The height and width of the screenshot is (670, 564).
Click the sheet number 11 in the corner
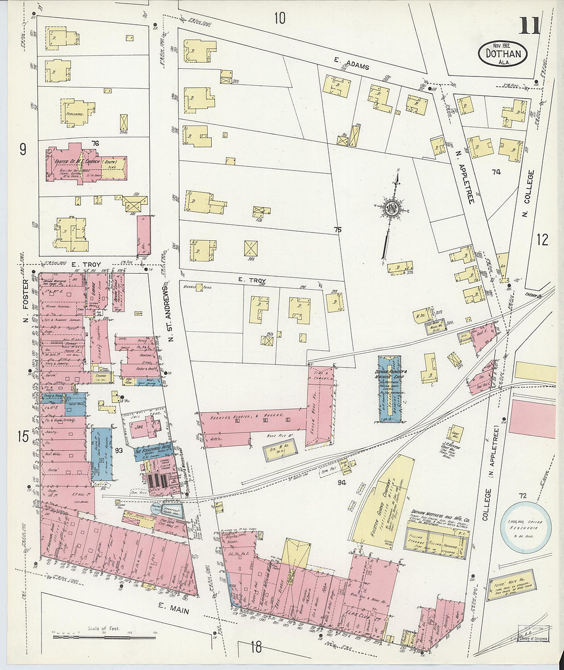pyautogui.click(x=529, y=25)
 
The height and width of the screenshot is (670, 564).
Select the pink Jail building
pyautogui.click(x=148, y=427)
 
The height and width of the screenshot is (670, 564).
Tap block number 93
pyautogui.click(x=118, y=450)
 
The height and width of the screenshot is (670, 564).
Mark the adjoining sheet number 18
pyautogui.click(x=256, y=647)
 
